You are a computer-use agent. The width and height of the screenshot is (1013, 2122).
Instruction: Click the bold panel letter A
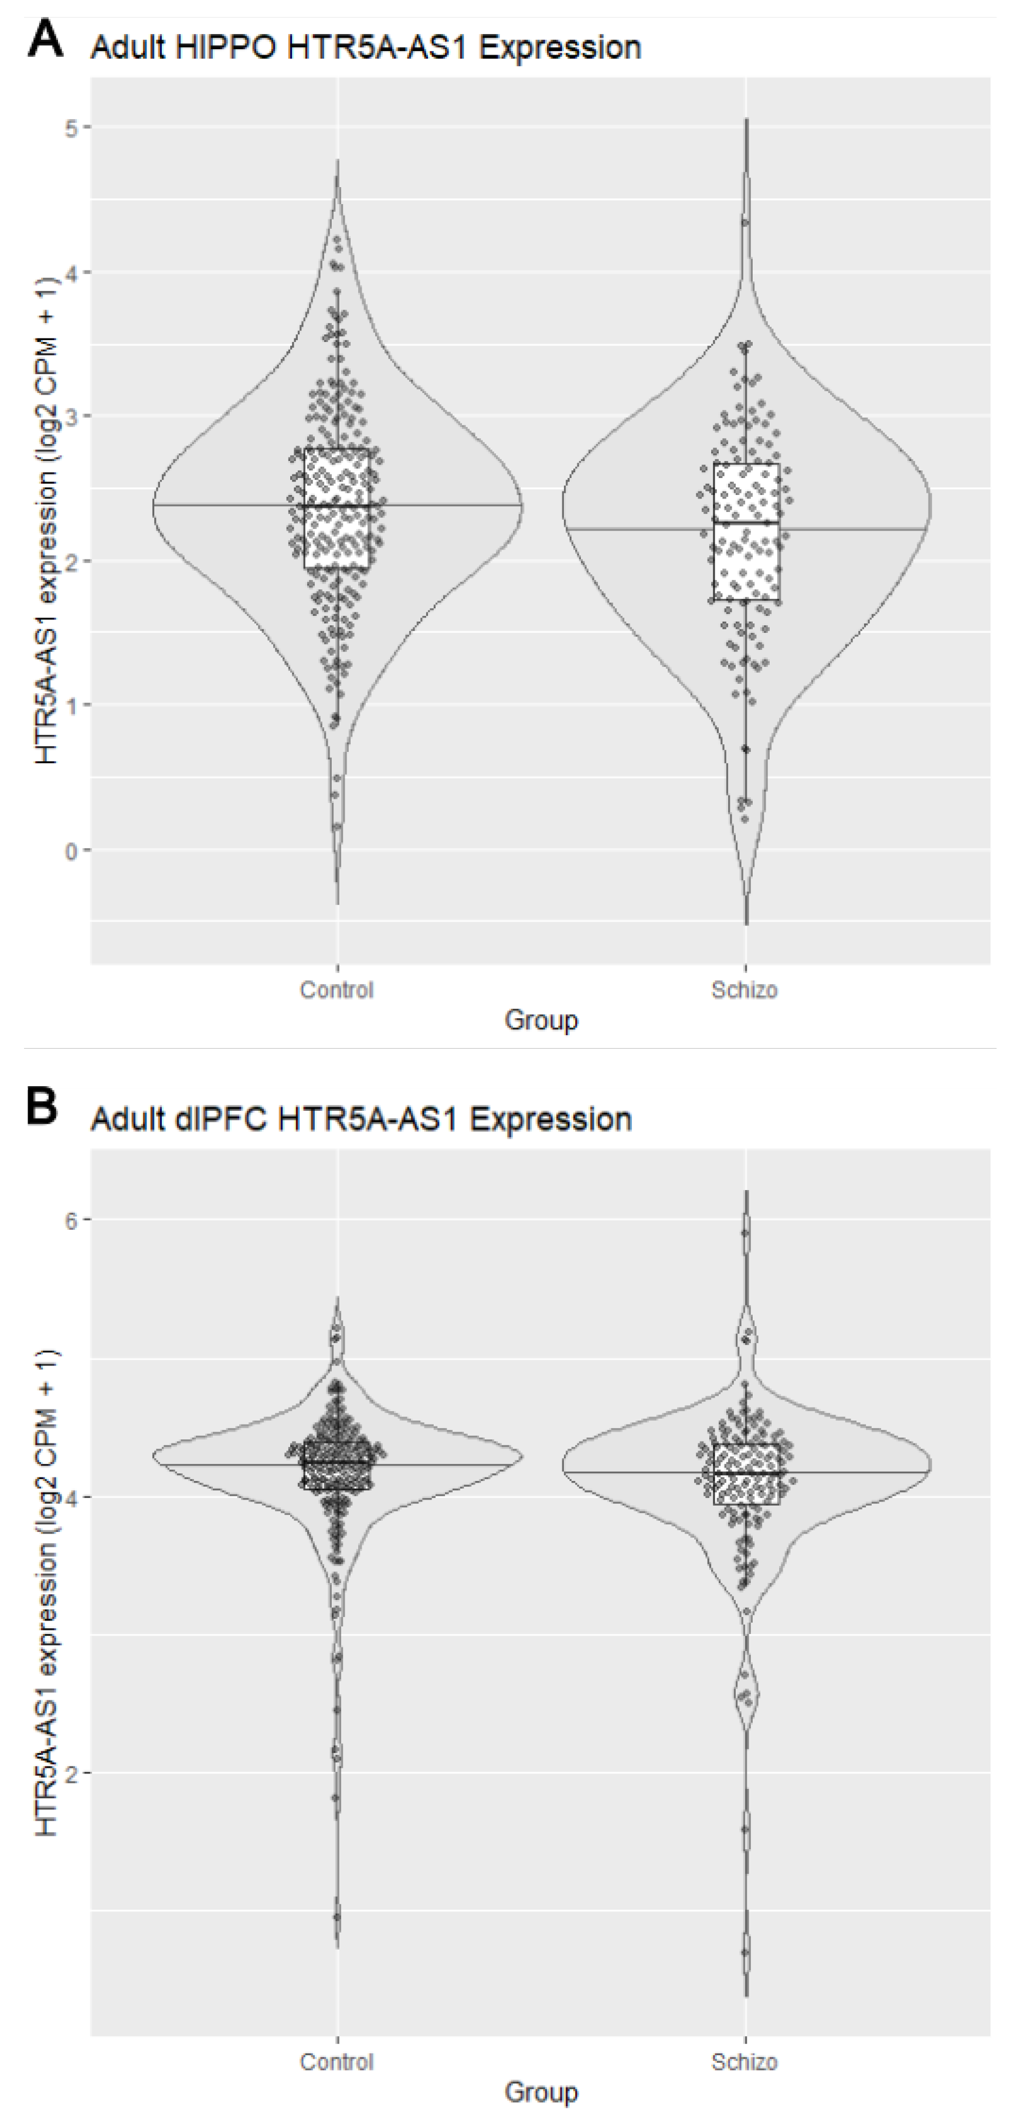(45, 39)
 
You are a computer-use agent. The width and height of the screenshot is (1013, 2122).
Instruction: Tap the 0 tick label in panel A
(72, 850)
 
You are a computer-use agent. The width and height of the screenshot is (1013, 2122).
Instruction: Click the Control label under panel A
(337, 989)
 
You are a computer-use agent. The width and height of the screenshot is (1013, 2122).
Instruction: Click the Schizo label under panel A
(745, 989)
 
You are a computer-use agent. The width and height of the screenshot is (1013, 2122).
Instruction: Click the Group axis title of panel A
(541, 1020)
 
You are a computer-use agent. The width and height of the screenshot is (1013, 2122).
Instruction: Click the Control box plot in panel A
(337, 509)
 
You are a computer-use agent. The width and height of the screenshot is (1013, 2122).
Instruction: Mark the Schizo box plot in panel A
(746, 531)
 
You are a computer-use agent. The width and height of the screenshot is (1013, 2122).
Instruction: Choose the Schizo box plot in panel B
(746, 1474)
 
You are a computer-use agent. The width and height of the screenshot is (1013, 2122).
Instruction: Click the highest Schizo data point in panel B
(745, 1233)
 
